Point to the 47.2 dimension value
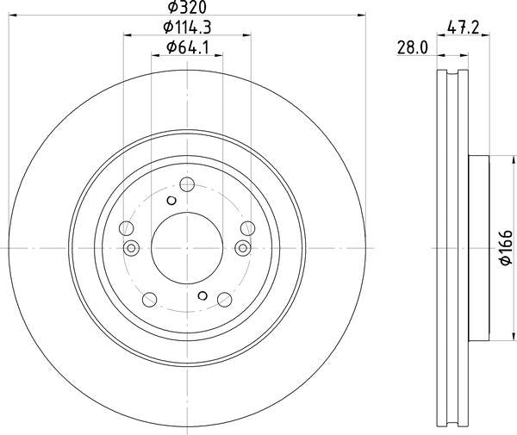464,28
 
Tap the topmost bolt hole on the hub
186,183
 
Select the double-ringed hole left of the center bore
132,248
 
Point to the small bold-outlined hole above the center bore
171,200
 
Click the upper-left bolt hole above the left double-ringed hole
126,228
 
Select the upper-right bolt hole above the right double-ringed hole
247,227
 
